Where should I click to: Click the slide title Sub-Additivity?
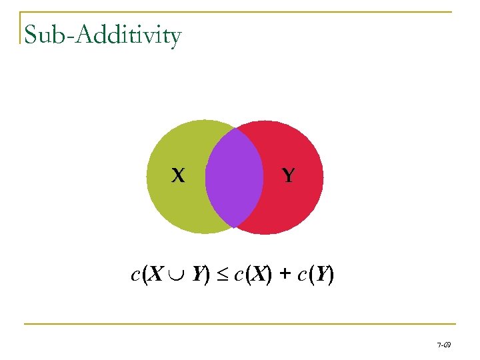(x=102, y=35)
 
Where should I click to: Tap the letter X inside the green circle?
(x=177, y=175)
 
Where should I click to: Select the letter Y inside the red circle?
(x=288, y=175)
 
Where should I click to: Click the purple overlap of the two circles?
(x=233, y=177)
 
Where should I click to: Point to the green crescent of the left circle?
(x=173, y=200)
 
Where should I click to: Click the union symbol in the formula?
(x=179, y=275)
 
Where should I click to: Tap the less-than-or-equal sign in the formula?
(x=224, y=275)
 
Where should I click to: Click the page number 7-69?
(x=443, y=345)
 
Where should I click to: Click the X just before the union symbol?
(x=157, y=273)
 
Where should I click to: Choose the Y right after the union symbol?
(x=199, y=273)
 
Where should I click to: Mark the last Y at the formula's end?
(x=322, y=273)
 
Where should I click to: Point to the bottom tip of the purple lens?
(x=235, y=227)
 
